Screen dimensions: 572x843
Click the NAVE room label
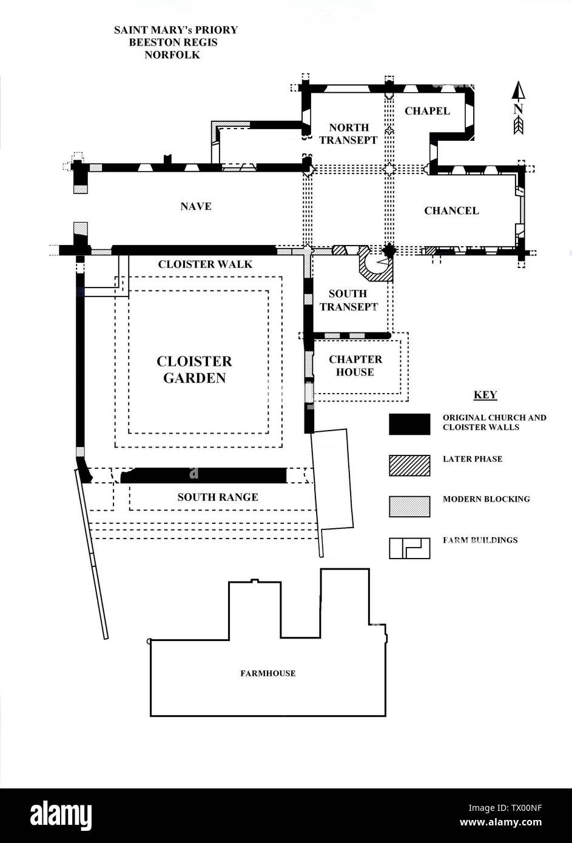196,206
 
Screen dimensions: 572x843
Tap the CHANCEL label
451,211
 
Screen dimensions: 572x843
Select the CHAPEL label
427,111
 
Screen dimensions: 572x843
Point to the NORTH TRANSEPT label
348,133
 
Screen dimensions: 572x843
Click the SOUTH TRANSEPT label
348,300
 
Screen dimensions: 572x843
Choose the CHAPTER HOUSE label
355,366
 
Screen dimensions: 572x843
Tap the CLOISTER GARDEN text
194,369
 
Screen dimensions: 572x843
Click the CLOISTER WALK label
205,264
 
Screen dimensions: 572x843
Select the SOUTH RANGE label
218,497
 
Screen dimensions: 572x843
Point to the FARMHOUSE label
268,673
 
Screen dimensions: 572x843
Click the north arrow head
519,90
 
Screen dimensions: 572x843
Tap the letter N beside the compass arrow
518,109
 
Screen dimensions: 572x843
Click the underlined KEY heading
485,395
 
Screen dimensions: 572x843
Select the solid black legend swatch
409,424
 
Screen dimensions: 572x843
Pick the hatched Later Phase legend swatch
409,466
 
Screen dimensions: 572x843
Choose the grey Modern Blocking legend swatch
409,506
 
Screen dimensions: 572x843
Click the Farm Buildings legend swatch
409,548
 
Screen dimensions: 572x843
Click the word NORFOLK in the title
172,55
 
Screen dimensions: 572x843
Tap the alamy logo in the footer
61,815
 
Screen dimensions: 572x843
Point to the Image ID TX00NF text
505,808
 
